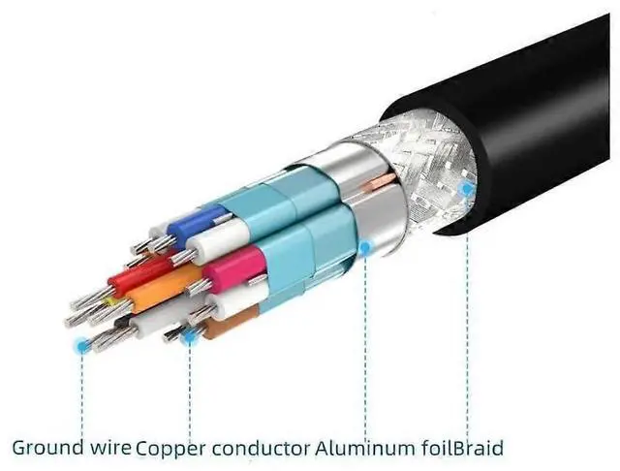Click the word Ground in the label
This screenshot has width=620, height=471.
tap(42, 448)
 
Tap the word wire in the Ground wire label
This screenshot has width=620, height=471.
tap(106, 448)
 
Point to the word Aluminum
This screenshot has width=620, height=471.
tap(357, 448)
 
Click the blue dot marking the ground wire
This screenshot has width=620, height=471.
tap(80, 344)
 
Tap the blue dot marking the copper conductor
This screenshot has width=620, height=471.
tap(189, 336)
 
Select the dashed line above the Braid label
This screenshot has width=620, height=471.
tap(467, 320)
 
